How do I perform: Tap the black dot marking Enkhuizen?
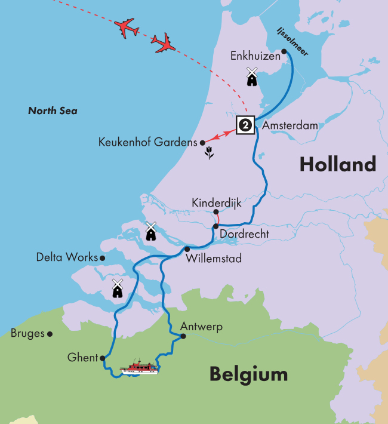pos(284,51)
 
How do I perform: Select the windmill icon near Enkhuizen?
pos(252,77)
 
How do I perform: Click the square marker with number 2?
pos(245,125)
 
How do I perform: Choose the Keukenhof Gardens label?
pos(147,143)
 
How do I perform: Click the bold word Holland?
pos(338,164)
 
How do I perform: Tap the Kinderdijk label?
pos(216,203)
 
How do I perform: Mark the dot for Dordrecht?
pos(215,226)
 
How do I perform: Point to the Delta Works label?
pos(67,257)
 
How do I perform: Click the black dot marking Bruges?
pos(50,334)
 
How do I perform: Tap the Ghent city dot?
pos(103,358)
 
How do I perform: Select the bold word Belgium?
pos(248,374)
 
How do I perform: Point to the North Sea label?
pos(53,111)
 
